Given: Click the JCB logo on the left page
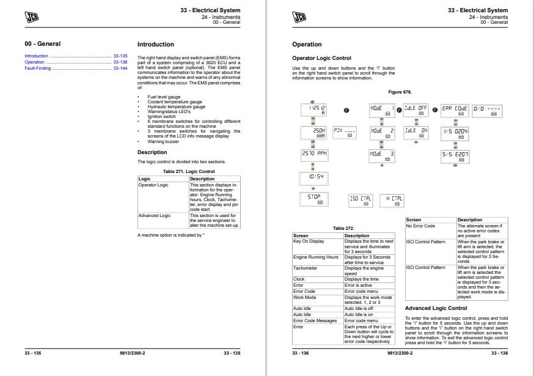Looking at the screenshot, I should coord(32,17).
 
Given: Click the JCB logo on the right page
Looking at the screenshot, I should coord(299,17).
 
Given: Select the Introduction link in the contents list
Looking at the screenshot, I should coord(36,56).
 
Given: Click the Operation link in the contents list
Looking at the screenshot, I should coord(34,62).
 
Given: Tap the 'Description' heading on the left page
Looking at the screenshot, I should coord(152,152).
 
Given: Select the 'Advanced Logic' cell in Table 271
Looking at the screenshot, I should coord(154,215).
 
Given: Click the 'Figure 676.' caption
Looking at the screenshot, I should coord(400,92).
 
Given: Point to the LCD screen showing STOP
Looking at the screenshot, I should coord(315,199).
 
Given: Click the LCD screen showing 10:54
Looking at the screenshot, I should coord(315,177).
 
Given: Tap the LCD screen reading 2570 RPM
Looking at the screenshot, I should coord(315,155).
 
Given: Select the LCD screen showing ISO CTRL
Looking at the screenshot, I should coord(361,199).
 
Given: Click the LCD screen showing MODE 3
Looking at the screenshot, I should coord(382,155).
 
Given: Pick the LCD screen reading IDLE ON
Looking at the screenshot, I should coord(415,133).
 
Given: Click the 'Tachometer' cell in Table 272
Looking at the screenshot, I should coord(305,268).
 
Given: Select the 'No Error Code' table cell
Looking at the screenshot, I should coord(421,226).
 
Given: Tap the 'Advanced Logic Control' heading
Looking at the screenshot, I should coord(436,309).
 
